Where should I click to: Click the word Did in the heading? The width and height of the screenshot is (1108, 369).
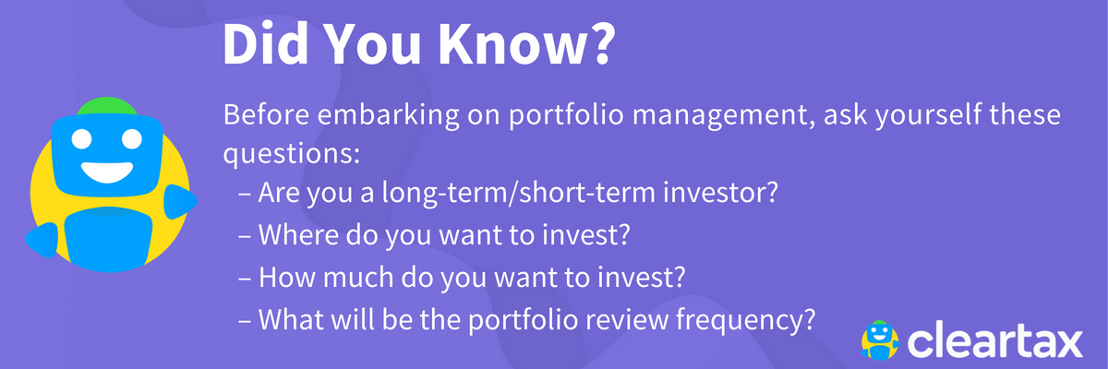pos(266,43)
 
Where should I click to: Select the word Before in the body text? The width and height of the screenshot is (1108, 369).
pos(266,114)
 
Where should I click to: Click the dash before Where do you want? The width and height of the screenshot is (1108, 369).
pos(245,236)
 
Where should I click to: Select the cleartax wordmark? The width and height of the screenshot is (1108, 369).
pos(994,340)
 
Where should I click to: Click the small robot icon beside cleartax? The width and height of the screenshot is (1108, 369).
pos(880,339)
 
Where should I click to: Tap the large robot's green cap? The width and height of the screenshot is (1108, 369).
pos(107,106)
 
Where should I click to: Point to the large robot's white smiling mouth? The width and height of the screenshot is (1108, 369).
pos(107,172)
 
